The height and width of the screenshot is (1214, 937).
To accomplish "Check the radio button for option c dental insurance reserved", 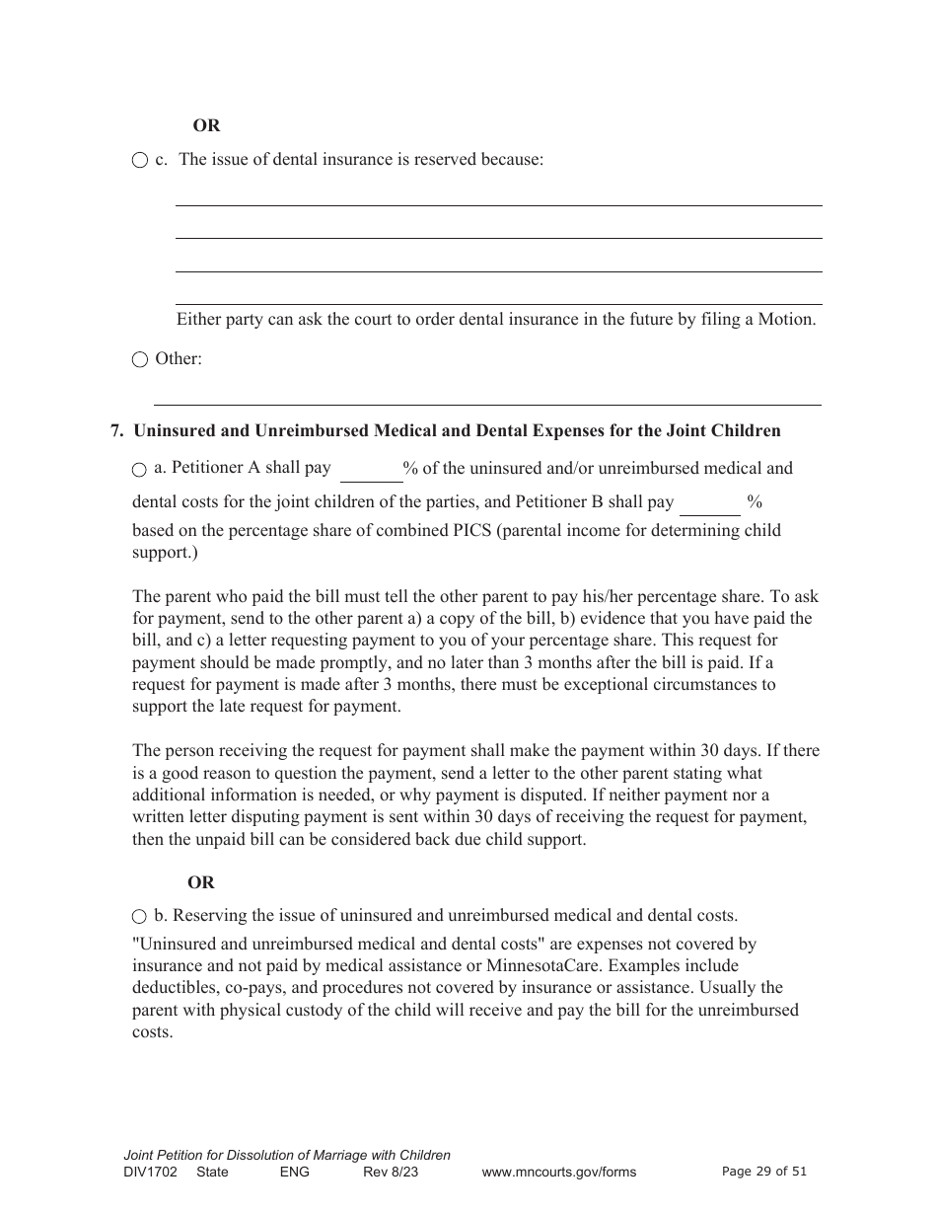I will point(140,161).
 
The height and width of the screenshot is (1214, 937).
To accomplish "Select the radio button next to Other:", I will point(140,360).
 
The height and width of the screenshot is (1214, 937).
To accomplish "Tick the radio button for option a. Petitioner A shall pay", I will point(140,470).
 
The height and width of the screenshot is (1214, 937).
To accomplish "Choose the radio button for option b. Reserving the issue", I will point(140,917).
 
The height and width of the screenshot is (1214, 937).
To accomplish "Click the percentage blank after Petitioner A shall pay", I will point(370,471).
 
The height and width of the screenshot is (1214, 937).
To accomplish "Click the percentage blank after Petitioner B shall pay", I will point(710,503).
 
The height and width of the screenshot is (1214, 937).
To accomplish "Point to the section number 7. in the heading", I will point(117,430).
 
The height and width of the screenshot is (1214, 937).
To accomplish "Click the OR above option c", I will point(206,125).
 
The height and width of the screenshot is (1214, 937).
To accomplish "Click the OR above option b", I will point(201,883).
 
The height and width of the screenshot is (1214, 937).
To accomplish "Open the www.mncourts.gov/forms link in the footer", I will point(558,1172).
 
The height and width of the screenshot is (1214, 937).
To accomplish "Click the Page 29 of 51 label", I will point(764,1172).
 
